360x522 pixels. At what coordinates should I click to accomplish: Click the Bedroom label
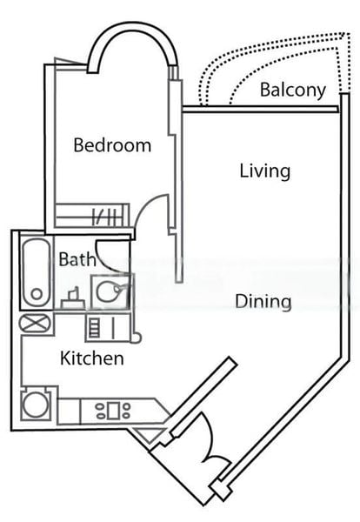coord(111,145)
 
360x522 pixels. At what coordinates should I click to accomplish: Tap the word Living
coord(264,171)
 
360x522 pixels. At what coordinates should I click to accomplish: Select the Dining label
coord(263,302)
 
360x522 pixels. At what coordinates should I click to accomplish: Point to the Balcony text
coord(292,90)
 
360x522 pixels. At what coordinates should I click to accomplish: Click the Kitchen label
coord(91,358)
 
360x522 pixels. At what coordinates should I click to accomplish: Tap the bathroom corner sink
coord(111,291)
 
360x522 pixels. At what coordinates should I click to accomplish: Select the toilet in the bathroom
coord(73,298)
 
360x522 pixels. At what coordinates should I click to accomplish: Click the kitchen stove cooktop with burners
coord(113,410)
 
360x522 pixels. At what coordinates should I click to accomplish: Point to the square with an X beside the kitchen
coord(36,324)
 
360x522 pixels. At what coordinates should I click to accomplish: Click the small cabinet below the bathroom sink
coord(96,327)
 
